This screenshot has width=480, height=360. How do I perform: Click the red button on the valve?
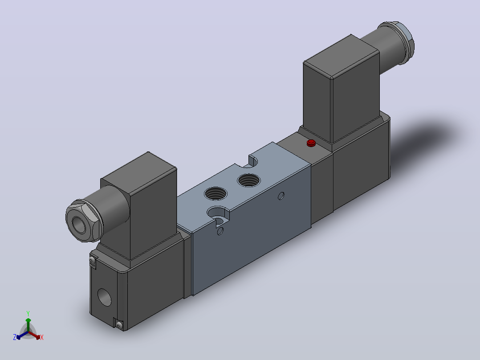tap(311, 143)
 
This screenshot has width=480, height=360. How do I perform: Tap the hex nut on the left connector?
tap(85, 221)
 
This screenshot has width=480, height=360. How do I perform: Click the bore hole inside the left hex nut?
tap(79, 225)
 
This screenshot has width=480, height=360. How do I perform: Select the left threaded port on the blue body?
tap(216, 193)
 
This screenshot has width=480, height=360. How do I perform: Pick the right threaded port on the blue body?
tap(249, 180)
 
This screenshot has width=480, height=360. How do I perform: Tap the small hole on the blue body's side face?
tap(281, 196)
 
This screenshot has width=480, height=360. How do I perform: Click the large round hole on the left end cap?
tap(105, 297)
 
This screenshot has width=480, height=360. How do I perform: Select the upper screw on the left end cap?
tap(92, 261)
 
